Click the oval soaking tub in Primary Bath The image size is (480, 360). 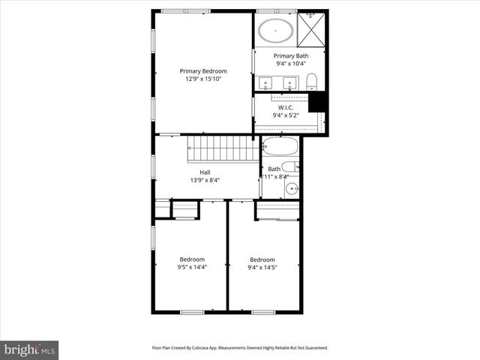click(276, 31)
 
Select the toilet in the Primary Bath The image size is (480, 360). click(314, 81)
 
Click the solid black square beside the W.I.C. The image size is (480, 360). click(318, 102)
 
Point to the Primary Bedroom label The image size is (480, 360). click(203, 71)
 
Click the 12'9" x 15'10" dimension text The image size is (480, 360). click(203, 79)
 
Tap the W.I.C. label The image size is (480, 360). click(285, 107)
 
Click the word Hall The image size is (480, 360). click(205, 172)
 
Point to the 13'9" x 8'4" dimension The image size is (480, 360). click(205, 180)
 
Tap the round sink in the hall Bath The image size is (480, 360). click(291, 188)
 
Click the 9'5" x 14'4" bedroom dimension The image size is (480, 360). click(191, 266)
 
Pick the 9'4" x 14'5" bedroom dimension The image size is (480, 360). click(263, 266)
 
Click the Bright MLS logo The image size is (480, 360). click(30, 349)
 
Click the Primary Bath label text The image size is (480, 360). click(289, 56)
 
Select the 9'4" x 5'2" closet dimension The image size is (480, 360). click(285, 115)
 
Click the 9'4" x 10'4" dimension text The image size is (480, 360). click(289, 64)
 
